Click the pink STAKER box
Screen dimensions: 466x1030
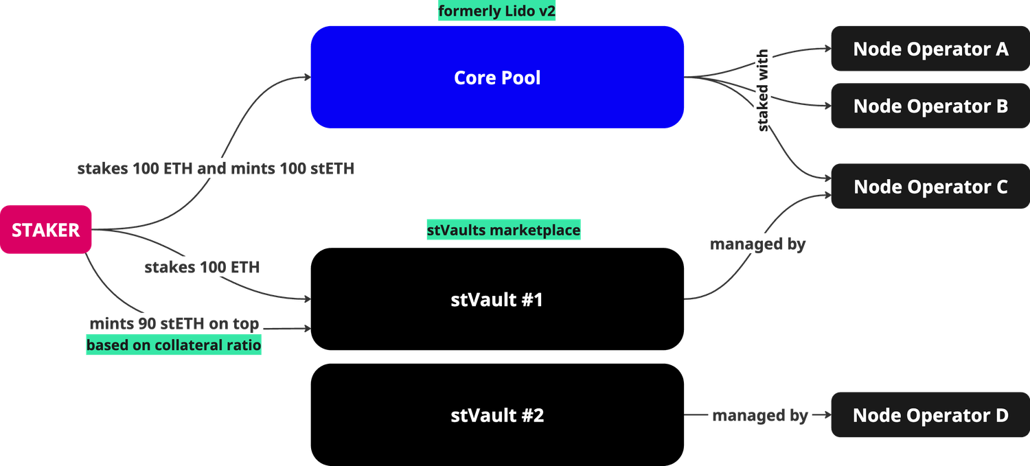tap(46, 230)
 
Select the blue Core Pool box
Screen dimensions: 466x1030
tap(497, 78)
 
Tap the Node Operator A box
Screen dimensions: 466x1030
tap(930, 49)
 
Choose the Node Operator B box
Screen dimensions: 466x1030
tap(930, 106)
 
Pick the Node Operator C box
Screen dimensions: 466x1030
tap(930, 187)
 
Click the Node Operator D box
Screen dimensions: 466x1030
tap(930, 415)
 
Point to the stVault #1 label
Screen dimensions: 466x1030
tap(497, 300)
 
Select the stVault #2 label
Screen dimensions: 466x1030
tap(497, 415)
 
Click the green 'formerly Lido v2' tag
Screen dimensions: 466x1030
tap(497, 12)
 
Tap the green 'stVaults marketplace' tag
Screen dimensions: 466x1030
tap(503, 231)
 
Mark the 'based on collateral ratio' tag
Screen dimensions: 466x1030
tap(174, 345)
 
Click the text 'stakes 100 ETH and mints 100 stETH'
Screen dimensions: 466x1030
tap(216, 168)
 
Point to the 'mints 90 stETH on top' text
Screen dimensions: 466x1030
tap(174, 324)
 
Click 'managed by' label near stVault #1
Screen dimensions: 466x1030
tap(758, 244)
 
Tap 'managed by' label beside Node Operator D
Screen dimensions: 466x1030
tap(759, 415)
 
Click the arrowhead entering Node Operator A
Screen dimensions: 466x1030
tap(826, 49)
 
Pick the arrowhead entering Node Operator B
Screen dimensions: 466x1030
tap(826, 106)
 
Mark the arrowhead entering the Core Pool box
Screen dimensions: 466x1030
tap(306, 78)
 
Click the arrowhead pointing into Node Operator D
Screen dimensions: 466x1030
tap(826, 415)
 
